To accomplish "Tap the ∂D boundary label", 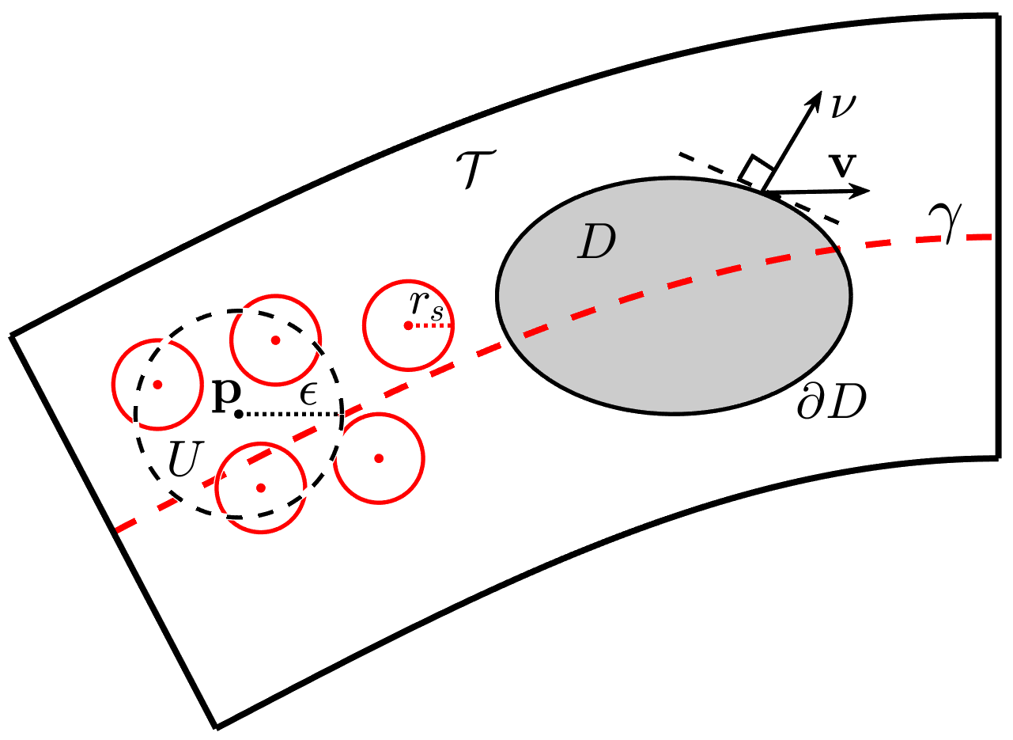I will click(832, 404).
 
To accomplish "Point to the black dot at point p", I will click(238, 413).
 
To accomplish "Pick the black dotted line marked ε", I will click(289, 413).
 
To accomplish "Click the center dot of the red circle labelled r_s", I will click(408, 325).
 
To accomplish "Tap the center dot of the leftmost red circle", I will click(157, 384).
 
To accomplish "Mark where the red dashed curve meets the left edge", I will click(115, 529).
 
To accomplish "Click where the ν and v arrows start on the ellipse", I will click(764, 191).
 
